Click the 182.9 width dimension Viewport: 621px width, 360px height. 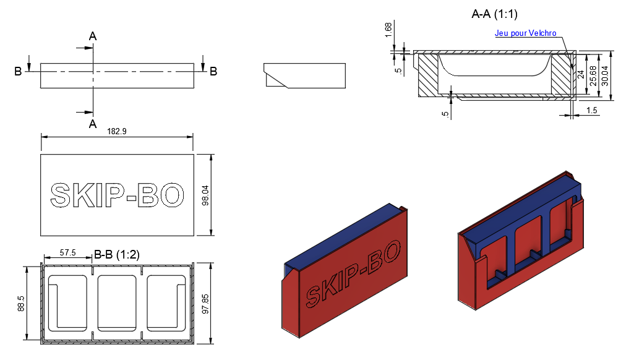(117, 131)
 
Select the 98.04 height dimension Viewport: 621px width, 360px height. (205, 195)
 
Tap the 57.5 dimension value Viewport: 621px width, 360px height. (67, 252)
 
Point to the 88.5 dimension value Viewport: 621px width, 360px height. (21, 304)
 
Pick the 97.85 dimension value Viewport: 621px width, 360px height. (205, 304)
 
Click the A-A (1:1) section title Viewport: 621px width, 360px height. (494, 14)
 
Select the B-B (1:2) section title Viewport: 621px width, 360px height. (117, 254)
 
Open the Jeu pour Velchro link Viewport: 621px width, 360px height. (526, 33)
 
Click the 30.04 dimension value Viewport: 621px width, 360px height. (605, 75)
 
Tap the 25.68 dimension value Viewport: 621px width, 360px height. (593, 75)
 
